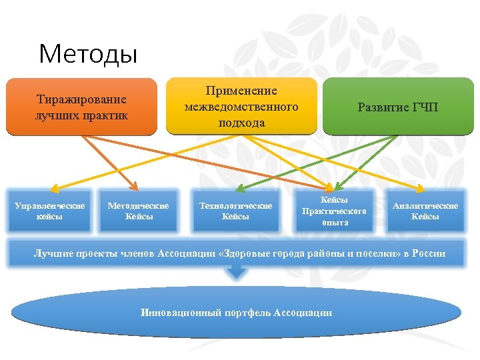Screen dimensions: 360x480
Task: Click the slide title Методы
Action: point(88,53)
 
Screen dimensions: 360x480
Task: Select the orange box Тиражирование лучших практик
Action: point(81,107)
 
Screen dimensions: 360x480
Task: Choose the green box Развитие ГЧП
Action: point(397,107)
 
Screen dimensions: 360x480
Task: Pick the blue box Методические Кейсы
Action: point(139,211)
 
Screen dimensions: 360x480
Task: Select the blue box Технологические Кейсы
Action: point(236,211)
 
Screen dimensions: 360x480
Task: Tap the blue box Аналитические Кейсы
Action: point(425,211)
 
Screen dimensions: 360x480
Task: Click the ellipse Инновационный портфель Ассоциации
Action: point(237,313)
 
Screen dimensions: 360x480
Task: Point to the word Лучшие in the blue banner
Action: point(53,254)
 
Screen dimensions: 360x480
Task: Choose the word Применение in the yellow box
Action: point(241,91)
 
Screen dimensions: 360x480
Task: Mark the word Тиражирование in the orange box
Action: point(81,99)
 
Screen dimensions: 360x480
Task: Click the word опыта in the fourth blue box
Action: point(335,222)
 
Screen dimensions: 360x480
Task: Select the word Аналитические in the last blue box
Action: point(425,205)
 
